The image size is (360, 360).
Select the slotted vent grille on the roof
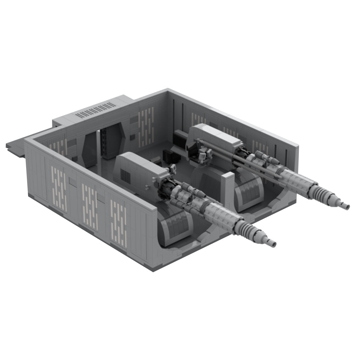[97, 110]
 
